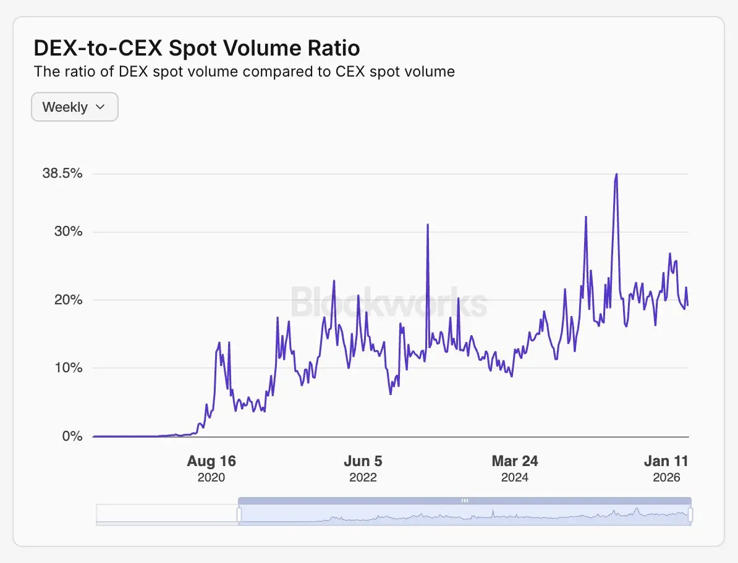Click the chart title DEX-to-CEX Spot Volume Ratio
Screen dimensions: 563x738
[x=197, y=48]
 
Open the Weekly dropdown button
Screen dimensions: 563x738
[x=74, y=107]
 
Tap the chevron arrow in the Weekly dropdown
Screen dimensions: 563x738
[x=100, y=107]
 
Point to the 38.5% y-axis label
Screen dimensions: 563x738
[x=62, y=173]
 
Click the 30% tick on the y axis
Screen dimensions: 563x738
[x=67, y=232]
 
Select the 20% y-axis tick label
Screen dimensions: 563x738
[x=67, y=300]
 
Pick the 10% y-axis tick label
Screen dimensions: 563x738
[x=67, y=368]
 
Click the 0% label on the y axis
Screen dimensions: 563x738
[x=72, y=436]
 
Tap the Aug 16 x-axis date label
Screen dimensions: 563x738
[x=211, y=461]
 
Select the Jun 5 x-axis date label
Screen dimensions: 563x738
[x=363, y=461]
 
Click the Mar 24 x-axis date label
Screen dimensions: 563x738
[x=515, y=461]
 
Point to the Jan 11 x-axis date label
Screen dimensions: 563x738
[x=666, y=461]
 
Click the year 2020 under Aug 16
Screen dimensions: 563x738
[x=211, y=478]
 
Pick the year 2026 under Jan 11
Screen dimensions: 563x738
[x=666, y=478]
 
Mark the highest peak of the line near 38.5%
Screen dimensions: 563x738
[x=616, y=175]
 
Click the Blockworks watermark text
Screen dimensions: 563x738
[x=389, y=302]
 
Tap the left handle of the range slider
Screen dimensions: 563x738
[x=239, y=514]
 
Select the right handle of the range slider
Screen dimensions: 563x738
[x=690, y=514]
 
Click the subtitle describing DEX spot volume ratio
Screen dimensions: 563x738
[x=244, y=72]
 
